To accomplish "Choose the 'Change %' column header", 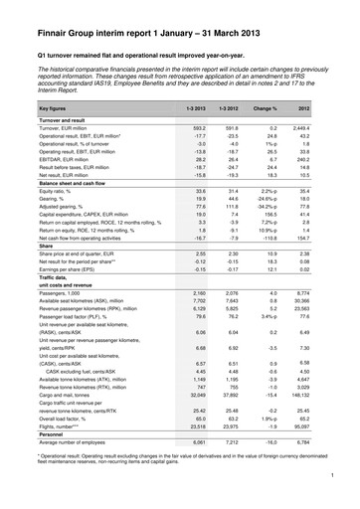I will (x=266, y=131).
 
